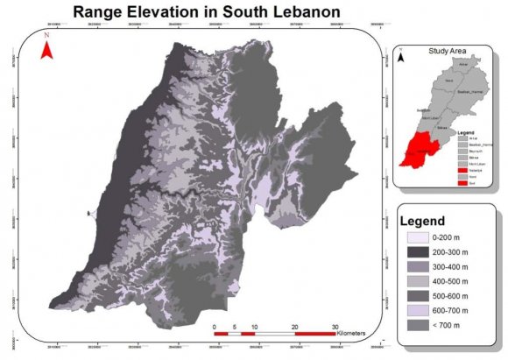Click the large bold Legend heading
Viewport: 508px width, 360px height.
tap(423, 221)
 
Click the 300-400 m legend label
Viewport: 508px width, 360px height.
tap(454, 267)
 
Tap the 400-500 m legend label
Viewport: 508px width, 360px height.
tap(454, 281)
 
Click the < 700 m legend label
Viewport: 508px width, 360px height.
tap(450, 326)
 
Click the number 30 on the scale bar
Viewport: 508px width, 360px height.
tap(335, 327)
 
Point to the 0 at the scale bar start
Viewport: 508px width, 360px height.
tap(215, 327)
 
